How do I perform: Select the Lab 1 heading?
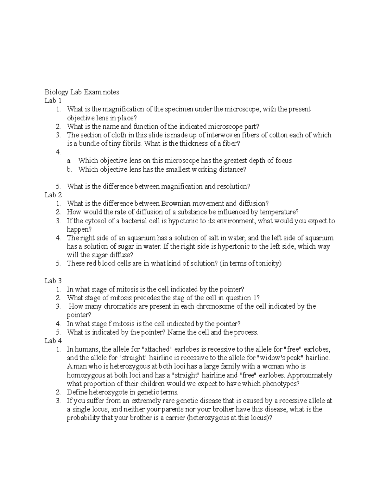53,101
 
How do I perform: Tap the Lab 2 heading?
53,195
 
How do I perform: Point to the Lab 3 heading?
53,281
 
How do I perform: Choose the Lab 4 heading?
53,341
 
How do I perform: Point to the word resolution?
233,186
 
